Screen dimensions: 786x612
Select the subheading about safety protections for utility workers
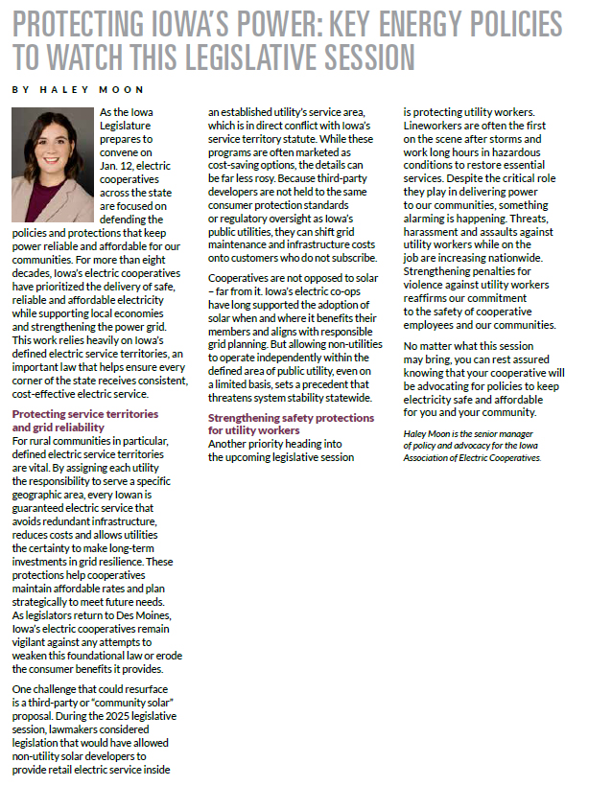[291, 425]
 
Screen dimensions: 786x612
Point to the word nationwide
[518, 258]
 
